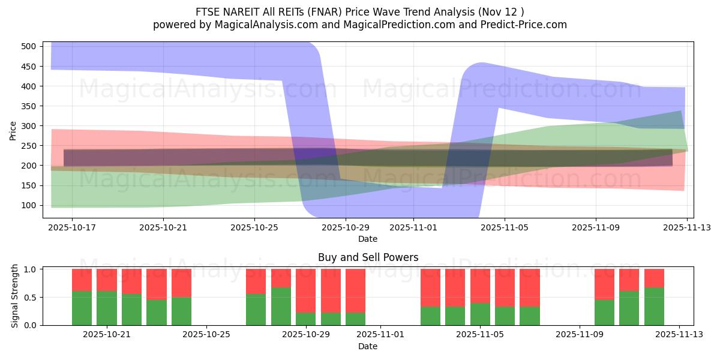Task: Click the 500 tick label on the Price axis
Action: point(29,46)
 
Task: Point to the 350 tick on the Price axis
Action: point(29,106)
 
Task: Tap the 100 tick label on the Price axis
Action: point(29,205)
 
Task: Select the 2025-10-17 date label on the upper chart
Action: point(71,228)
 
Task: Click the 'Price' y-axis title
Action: point(13,130)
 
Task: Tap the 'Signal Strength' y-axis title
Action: point(15,297)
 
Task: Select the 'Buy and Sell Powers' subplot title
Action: point(368,257)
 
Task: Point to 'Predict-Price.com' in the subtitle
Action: point(524,25)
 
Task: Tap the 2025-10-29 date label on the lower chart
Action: point(306,335)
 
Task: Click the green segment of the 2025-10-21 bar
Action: point(107,308)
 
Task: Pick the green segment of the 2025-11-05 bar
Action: point(480,314)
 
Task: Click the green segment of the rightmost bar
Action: point(654,306)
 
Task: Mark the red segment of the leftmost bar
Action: point(82,280)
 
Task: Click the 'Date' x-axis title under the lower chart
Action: point(368,346)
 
